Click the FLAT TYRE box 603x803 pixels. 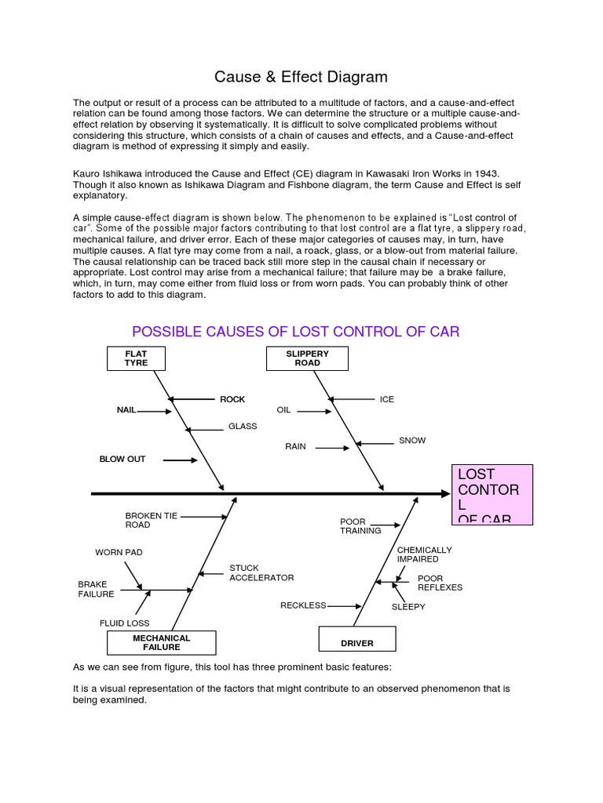136,358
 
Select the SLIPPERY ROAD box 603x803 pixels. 307,358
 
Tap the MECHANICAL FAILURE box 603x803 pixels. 161,643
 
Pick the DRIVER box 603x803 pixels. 356,640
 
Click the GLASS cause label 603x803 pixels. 243,427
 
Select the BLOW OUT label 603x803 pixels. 122,460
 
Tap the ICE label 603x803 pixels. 387,400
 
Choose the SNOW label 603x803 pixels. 412,441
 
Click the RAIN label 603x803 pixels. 295,447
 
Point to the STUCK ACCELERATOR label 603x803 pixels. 261,572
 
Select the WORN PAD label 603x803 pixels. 119,553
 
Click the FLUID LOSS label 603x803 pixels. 124,623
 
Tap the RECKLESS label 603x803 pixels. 303,605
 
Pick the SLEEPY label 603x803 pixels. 408,607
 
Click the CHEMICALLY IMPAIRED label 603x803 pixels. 424,555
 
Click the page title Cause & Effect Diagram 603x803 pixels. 301,77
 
